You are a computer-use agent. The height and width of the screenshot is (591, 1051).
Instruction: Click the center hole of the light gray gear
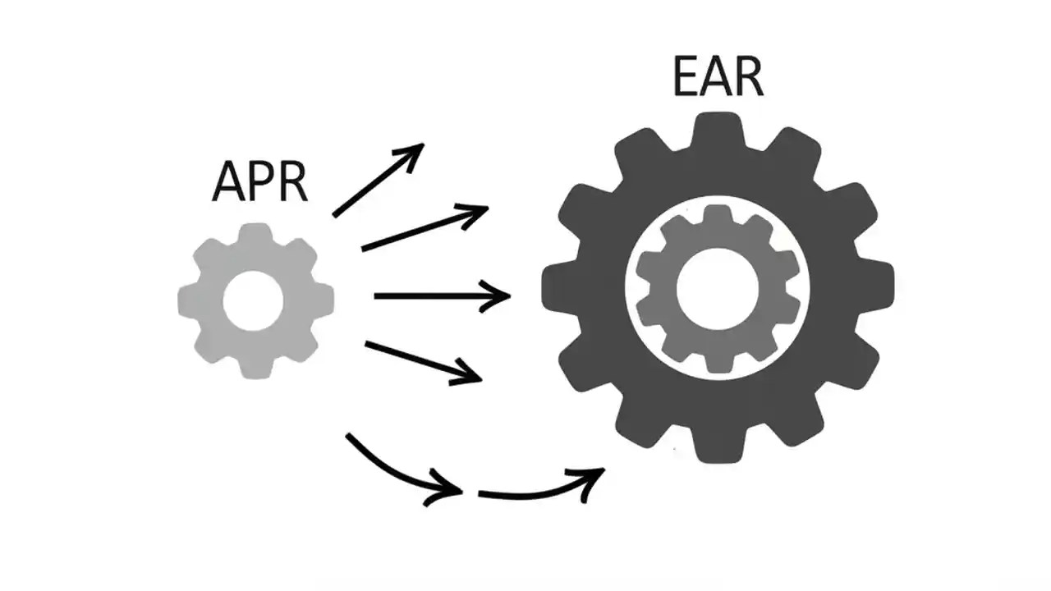(x=254, y=300)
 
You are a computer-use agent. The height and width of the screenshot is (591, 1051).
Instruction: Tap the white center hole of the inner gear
(x=717, y=287)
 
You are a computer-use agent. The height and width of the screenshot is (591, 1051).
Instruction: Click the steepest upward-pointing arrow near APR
(x=379, y=180)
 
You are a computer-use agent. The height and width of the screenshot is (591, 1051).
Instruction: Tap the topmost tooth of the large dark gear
(x=717, y=127)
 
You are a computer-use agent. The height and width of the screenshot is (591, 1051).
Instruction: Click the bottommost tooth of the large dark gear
(x=717, y=447)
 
